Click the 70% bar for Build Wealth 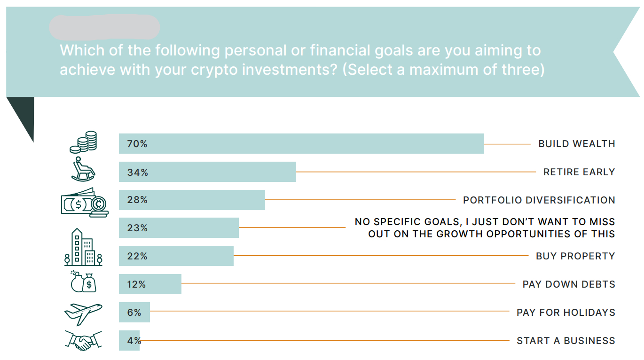click(301, 143)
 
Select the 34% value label click(138, 172)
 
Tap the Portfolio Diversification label click(539, 200)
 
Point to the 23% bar click(179, 228)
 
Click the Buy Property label click(575, 256)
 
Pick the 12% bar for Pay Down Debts click(150, 284)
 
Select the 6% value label click(134, 313)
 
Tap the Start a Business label click(566, 341)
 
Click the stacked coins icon click(83, 142)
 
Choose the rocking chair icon click(83, 169)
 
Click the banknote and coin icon click(85, 203)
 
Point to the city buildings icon click(83, 247)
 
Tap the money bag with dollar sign click(89, 283)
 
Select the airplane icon click(83, 314)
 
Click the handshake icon click(83, 341)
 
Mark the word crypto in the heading click(214, 70)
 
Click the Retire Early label click(579, 172)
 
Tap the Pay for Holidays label click(566, 313)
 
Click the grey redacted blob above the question click(104, 27)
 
